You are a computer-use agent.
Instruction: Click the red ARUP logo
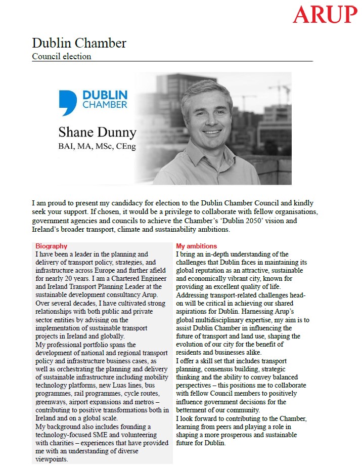[325, 15]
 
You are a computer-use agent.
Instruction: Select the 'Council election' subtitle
[62, 56]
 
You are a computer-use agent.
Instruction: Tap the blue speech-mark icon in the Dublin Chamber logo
[68, 103]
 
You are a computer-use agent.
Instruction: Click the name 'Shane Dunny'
[98, 133]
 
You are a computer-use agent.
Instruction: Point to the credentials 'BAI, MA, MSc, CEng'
[98, 147]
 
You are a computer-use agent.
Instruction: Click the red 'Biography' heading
[51, 246]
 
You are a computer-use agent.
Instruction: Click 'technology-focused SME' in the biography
[74, 435]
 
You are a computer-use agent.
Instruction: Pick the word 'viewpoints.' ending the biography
[52, 459]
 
